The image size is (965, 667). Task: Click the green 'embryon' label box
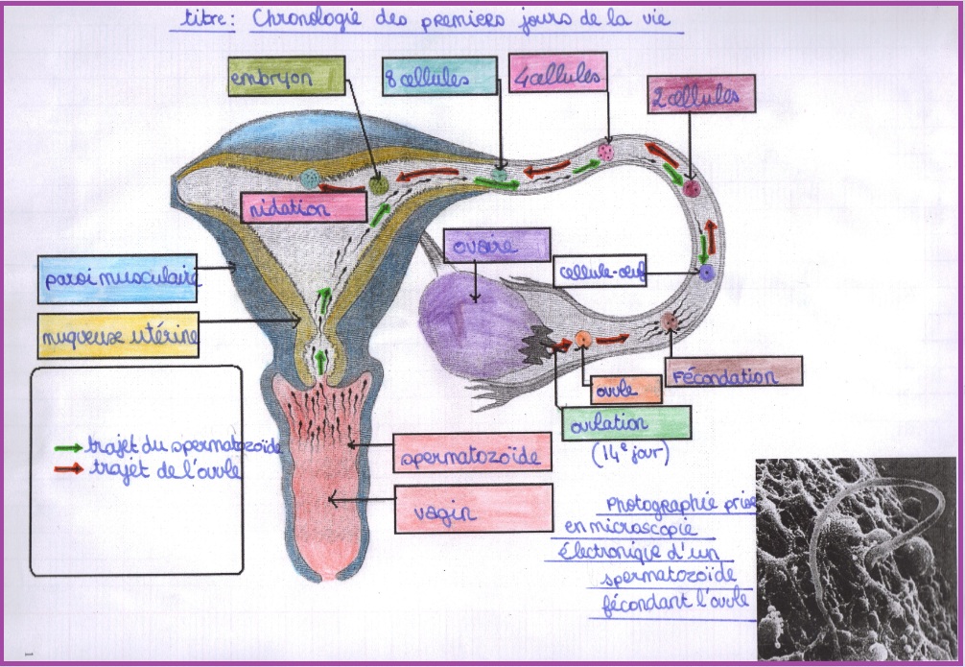286,76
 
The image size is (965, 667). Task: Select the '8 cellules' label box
439,76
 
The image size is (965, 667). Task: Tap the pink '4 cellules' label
557,72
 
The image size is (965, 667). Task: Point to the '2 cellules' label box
701,94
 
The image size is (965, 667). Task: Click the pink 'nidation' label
304,207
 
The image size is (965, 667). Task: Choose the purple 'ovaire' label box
496,245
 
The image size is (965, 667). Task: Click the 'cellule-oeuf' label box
600,271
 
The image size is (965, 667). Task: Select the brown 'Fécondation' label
734,371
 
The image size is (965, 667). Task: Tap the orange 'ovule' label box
625,390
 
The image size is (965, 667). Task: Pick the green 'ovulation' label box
625,423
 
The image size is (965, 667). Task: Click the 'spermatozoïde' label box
472,453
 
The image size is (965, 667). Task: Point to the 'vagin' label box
473,509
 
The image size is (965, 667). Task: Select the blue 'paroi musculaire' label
118,279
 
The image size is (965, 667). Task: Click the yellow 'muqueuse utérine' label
118,335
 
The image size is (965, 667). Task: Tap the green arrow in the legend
68,448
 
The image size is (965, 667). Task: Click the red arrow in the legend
68,469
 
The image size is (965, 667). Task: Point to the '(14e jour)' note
630,454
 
